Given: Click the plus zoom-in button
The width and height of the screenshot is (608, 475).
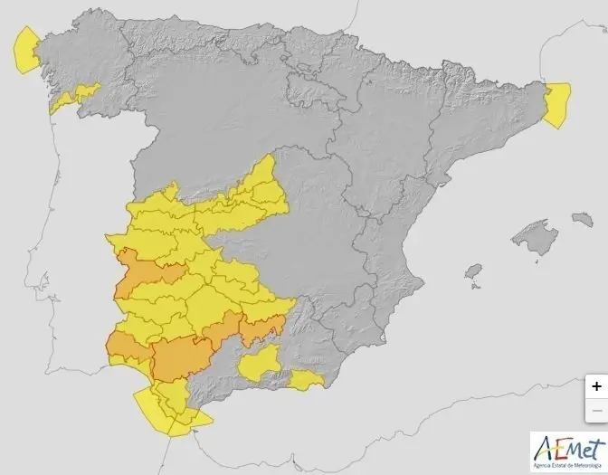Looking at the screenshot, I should (595, 385).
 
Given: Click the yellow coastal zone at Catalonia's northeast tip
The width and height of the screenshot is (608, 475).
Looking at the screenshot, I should (556, 102).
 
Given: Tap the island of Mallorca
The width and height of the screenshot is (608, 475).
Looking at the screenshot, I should (533, 237).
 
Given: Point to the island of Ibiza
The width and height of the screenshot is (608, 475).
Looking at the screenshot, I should (472, 271).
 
